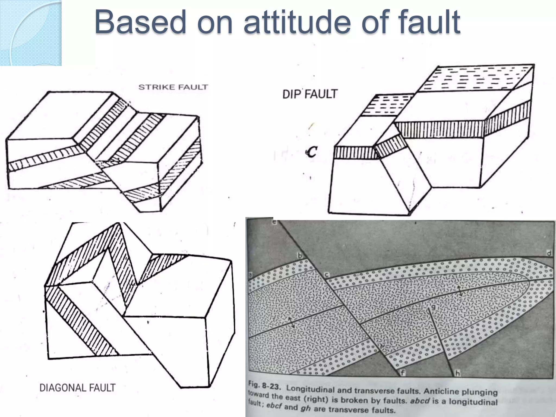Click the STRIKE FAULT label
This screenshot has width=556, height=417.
tap(173, 87)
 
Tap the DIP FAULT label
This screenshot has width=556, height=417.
tap(310, 94)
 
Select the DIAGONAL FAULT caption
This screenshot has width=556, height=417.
tap(77, 388)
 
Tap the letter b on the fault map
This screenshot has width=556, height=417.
tap(300, 255)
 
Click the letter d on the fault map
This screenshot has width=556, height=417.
tap(549, 253)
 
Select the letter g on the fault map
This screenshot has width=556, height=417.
tap(433, 307)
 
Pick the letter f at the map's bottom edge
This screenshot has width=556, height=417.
tap(403, 373)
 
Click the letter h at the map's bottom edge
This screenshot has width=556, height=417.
tap(458, 374)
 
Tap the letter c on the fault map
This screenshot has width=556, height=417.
tap(327, 275)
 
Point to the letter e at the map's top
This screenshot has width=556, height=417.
tap(274, 222)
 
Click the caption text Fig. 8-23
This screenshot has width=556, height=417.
tap(265, 387)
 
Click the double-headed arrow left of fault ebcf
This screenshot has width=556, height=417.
tap(291, 323)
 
